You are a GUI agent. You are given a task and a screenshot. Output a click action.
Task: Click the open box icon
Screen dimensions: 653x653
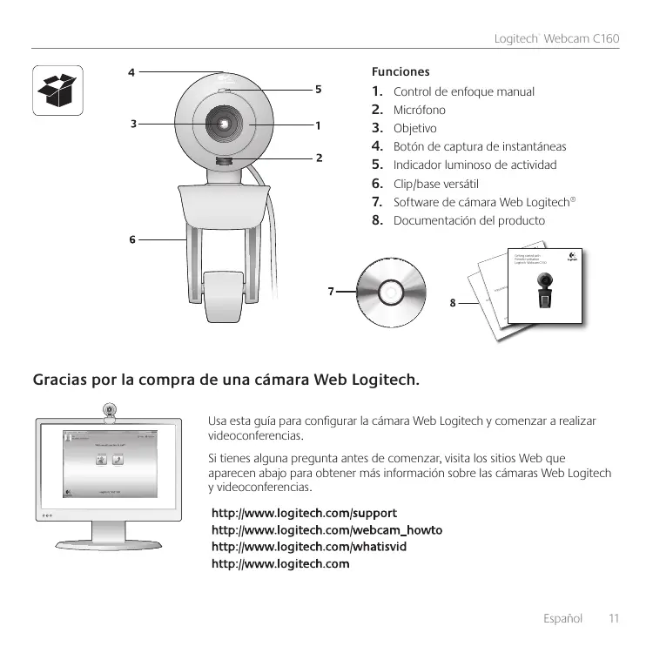click(x=57, y=91)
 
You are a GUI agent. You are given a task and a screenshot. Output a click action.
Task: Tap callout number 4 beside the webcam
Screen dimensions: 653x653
click(x=131, y=73)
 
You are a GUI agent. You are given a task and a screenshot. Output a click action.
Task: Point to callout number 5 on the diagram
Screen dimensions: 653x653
click(x=319, y=89)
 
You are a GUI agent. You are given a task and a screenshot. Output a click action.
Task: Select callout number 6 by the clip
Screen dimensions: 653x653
click(x=132, y=239)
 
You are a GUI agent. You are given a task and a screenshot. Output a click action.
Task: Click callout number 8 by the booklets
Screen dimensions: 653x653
click(x=452, y=304)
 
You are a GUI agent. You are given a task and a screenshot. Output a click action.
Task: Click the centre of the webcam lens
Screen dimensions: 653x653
click(x=225, y=125)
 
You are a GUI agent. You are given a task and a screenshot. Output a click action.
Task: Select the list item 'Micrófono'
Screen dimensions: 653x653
click(x=420, y=111)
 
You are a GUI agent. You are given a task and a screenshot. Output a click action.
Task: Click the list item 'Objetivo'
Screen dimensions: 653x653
click(x=415, y=129)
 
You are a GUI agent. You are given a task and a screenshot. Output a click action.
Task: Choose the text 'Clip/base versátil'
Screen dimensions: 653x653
click(x=448, y=184)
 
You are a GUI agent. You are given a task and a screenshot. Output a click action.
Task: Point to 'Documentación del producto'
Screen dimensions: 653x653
click(x=469, y=220)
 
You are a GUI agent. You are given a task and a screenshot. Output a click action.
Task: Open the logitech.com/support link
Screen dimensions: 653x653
click(x=305, y=511)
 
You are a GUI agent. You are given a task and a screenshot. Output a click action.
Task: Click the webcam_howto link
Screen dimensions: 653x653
click(x=327, y=529)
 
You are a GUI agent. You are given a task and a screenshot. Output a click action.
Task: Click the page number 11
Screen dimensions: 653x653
click(x=613, y=618)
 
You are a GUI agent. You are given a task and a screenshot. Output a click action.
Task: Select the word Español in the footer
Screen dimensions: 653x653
click(x=562, y=618)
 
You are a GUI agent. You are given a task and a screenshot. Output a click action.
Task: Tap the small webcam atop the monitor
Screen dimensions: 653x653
click(x=111, y=409)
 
